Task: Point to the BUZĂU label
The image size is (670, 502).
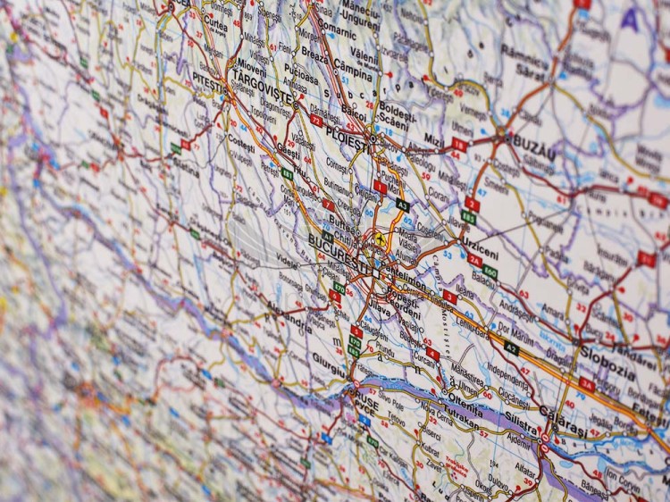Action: click(531, 147)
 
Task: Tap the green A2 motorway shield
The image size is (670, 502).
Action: click(511, 348)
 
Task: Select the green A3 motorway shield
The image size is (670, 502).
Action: click(403, 205)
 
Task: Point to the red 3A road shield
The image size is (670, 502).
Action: click(587, 384)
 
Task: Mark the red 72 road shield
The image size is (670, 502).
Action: click(316, 120)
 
